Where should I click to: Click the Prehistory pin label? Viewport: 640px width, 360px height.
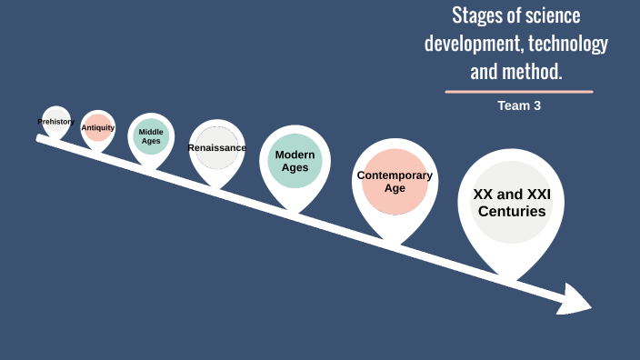(55, 121)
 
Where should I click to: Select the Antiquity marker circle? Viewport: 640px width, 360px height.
(98, 128)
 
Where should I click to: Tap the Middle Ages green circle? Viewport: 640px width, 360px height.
(151, 137)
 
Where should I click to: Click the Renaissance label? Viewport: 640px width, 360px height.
(216, 147)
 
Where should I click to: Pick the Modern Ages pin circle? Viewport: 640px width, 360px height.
(295, 161)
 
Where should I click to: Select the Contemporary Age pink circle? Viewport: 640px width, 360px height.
(395, 182)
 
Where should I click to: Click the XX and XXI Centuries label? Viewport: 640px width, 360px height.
(512, 202)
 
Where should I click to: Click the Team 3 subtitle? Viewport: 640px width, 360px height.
(519, 105)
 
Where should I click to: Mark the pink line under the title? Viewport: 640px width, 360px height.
(519, 92)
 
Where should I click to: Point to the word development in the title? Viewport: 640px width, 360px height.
(467, 43)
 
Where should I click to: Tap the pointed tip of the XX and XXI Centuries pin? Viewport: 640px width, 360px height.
(512, 277)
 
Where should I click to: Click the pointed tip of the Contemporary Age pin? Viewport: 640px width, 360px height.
(395, 242)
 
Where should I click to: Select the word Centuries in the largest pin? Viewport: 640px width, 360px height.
(512, 211)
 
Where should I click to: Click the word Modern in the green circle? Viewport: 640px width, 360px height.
(295, 155)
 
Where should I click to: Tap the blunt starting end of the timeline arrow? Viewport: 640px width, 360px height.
(40, 138)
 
